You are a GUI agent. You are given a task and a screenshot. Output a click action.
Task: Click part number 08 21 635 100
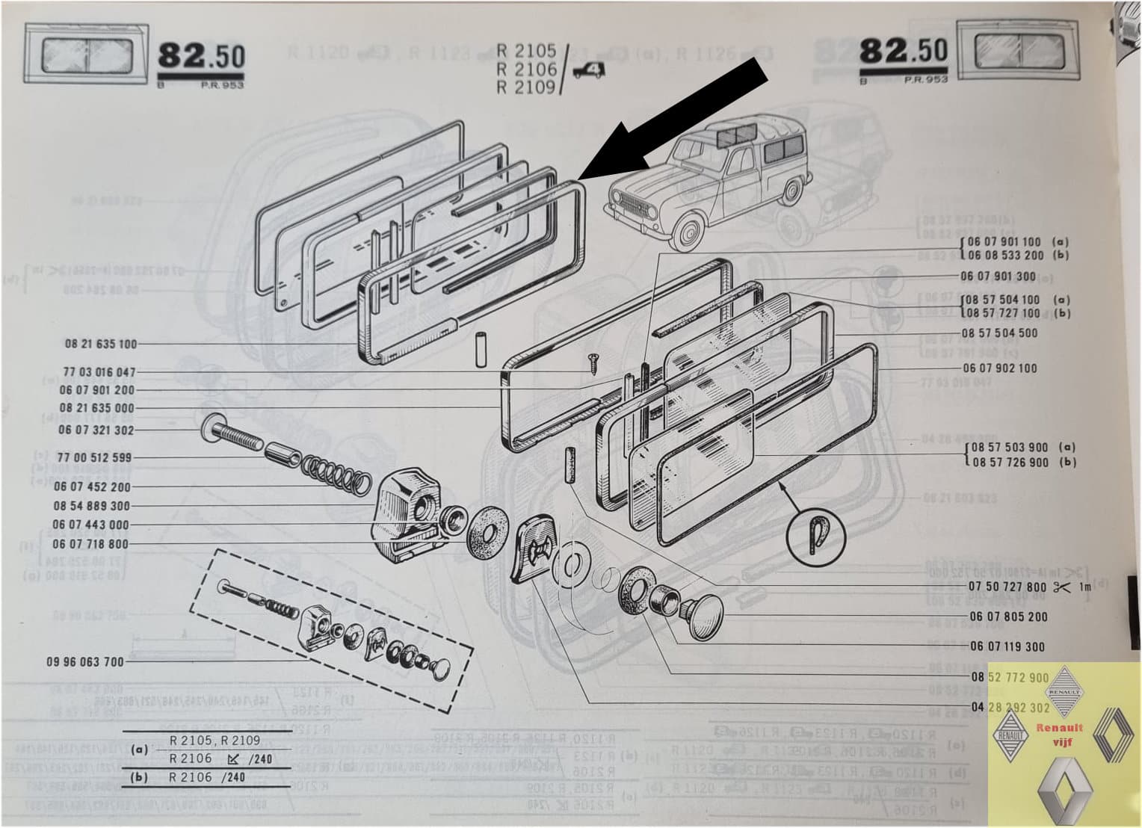101,345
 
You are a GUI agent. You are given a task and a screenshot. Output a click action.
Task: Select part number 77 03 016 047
99,372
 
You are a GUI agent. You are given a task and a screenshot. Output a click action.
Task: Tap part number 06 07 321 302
96,430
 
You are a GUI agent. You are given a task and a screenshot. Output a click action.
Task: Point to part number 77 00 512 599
93,457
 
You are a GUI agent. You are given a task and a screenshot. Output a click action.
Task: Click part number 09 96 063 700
84,662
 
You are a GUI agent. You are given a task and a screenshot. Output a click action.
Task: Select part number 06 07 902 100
999,368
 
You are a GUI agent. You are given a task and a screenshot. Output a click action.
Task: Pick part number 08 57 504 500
999,333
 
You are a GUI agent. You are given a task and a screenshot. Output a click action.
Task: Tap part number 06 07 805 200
1008,617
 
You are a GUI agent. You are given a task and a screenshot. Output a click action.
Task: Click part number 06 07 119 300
1007,647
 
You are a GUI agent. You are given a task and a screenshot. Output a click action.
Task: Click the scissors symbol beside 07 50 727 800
1061,587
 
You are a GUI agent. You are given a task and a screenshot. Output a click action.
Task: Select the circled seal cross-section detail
815,534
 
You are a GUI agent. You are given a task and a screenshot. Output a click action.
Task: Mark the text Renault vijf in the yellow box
1053,734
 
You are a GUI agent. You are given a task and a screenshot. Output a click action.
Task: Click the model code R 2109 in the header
526,87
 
